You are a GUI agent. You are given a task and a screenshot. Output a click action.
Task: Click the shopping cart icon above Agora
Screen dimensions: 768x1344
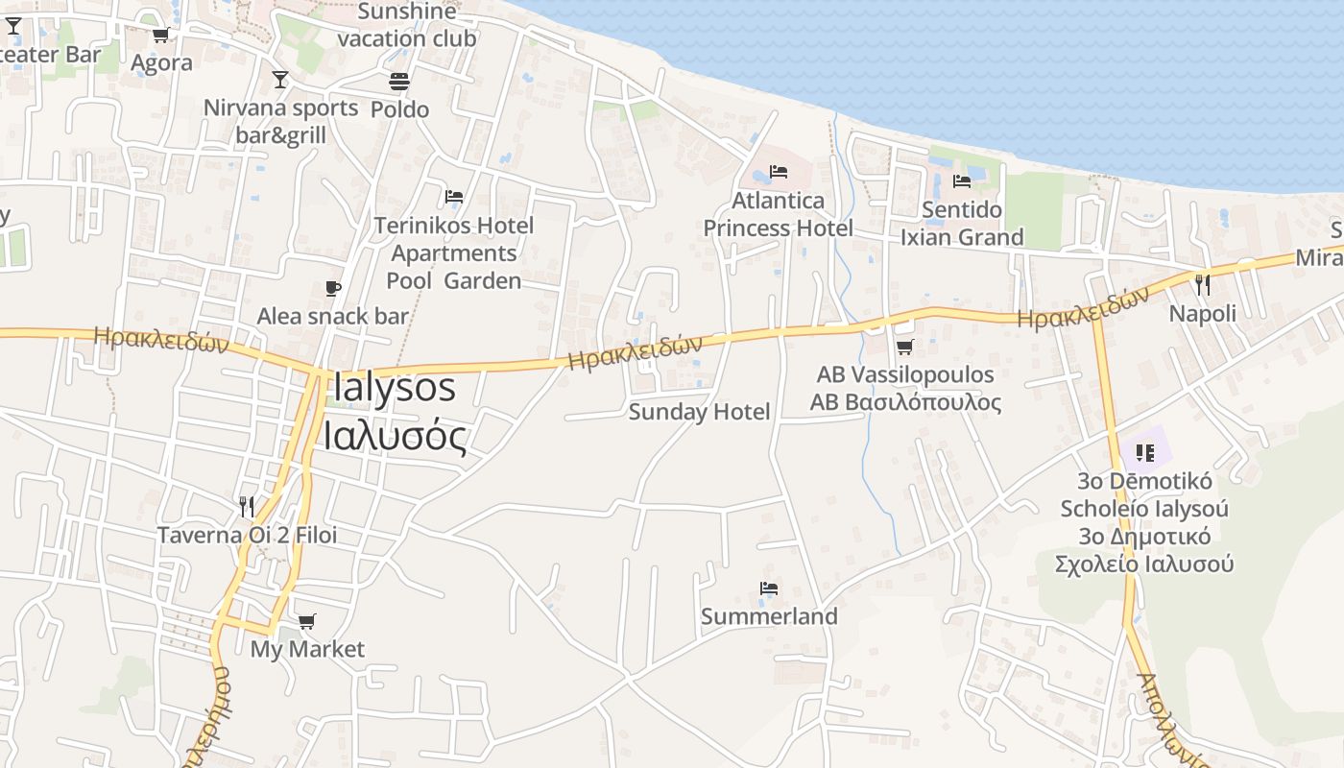pyautogui.click(x=160, y=35)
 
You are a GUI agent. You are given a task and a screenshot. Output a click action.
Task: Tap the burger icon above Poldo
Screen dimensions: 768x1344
pyautogui.click(x=399, y=82)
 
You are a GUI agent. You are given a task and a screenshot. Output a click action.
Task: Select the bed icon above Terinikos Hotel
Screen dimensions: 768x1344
pyautogui.click(x=454, y=197)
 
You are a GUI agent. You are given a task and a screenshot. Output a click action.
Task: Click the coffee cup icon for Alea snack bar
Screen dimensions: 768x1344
pyautogui.click(x=333, y=288)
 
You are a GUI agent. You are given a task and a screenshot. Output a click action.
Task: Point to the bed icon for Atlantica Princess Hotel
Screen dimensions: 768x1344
pyautogui.click(x=779, y=172)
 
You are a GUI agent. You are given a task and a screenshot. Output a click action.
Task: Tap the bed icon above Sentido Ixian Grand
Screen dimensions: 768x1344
pyautogui.click(x=962, y=181)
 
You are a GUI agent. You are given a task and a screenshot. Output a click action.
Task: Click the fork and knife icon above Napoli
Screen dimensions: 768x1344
pyautogui.click(x=1202, y=285)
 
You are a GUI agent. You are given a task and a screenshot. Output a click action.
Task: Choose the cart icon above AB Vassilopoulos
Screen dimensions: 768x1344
pyautogui.click(x=904, y=347)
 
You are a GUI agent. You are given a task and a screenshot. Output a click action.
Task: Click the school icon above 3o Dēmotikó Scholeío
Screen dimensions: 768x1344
pyautogui.click(x=1144, y=451)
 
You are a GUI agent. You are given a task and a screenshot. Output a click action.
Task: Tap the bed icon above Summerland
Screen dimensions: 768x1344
pyautogui.click(x=768, y=588)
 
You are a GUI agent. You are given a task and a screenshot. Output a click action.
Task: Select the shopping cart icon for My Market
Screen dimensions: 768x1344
pyautogui.click(x=306, y=621)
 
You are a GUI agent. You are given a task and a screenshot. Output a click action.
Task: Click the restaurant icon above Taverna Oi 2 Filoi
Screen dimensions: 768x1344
pyautogui.click(x=247, y=506)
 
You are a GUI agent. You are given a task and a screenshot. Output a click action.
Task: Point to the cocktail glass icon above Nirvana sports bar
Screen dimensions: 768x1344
pyautogui.click(x=280, y=80)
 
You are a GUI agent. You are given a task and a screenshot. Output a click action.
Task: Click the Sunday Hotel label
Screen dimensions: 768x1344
pyautogui.click(x=699, y=412)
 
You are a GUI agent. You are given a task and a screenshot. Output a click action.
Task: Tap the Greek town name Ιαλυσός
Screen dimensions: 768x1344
pyautogui.click(x=395, y=437)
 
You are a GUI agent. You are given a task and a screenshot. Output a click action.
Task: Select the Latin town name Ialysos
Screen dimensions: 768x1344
pyautogui.click(x=394, y=388)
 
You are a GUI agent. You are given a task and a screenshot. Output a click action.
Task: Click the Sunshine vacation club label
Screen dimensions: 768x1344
pyautogui.click(x=407, y=25)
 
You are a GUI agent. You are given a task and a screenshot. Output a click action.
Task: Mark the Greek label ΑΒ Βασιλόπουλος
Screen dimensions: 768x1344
pyautogui.click(x=905, y=402)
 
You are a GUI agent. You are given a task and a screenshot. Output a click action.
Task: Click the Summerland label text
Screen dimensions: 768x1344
pyautogui.click(x=769, y=616)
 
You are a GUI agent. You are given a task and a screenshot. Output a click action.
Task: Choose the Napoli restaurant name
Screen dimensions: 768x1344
pyautogui.click(x=1202, y=313)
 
